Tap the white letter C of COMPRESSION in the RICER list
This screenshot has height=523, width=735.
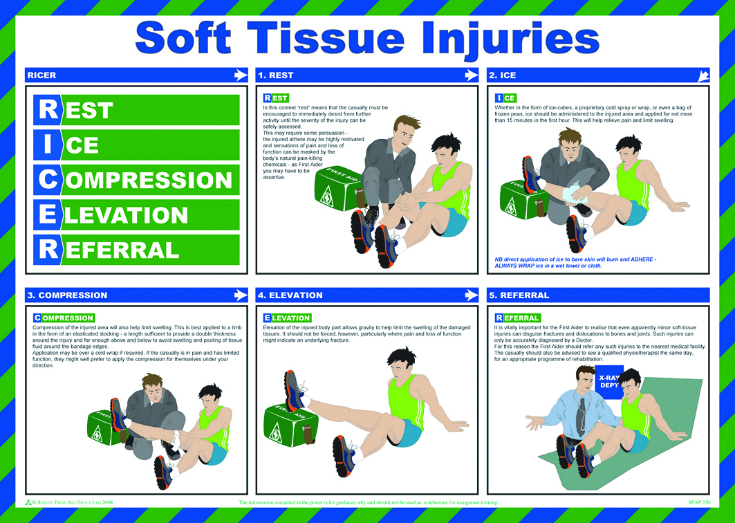(48, 180)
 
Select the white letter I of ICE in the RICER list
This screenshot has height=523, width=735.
(48, 145)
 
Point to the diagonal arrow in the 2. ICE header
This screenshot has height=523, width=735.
(703, 75)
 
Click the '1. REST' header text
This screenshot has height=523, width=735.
(275, 75)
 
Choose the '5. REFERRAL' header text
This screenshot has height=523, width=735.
(519, 295)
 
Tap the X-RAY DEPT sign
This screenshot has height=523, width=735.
(609, 380)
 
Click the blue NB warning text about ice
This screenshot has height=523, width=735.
(575, 262)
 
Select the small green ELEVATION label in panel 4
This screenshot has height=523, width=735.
(287, 318)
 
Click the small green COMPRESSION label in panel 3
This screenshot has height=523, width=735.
(64, 318)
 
